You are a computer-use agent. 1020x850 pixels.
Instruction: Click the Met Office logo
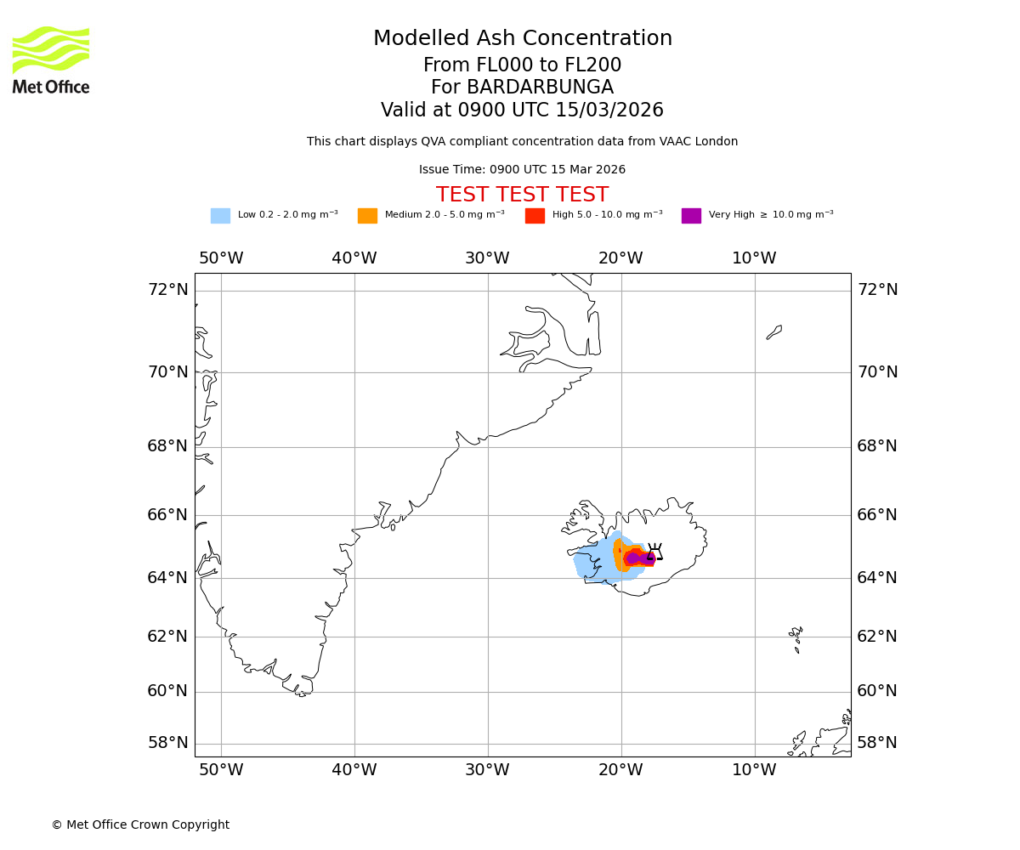click(x=51, y=59)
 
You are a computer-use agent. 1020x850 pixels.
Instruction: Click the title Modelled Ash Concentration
click(x=522, y=39)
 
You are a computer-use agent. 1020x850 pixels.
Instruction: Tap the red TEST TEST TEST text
click(x=522, y=195)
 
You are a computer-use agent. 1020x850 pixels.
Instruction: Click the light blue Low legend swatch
click(x=220, y=216)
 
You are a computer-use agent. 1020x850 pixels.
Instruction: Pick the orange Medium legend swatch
click(x=367, y=216)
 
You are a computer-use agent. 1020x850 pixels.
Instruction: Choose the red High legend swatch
click(x=535, y=216)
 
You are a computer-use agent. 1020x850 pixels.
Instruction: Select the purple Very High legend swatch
click(x=691, y=216)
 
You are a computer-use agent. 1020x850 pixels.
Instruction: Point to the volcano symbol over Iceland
click(x=654, y=552)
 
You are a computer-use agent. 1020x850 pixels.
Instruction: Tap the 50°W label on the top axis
click(x=221, y=258)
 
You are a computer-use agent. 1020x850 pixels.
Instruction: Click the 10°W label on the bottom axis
click(x=754, y=770)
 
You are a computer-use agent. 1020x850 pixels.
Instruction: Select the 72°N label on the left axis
click(x=167, y=290)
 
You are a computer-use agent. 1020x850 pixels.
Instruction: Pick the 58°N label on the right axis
click(x=876, y=743)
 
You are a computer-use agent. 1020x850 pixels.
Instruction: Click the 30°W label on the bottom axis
click(x=487, y=770)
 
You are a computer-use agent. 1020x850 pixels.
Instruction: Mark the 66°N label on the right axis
click(x=876, y=515)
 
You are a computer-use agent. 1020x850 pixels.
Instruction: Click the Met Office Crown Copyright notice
click(x=140, y=824)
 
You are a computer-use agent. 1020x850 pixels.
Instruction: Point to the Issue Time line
click(x=522, y=170)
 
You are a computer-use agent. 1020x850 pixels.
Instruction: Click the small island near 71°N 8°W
click(x=774, y=331)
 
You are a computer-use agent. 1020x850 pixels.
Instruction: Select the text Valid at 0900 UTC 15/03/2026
click(x=522, y=110)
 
